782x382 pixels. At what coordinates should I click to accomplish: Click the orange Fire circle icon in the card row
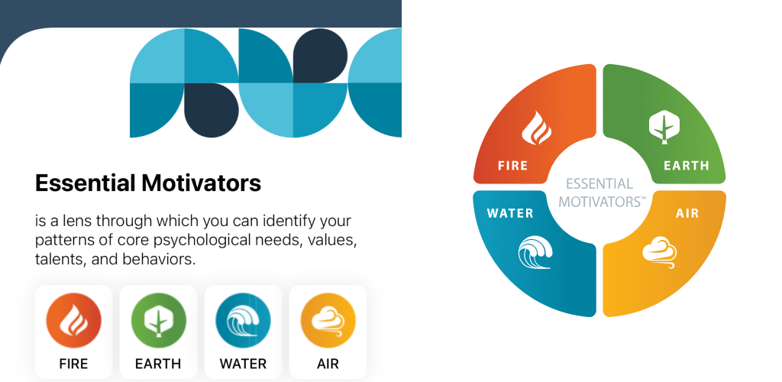click(74, 321)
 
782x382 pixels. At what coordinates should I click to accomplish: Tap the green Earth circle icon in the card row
click(159, 321)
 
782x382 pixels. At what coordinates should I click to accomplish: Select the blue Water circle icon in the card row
click(244, 321)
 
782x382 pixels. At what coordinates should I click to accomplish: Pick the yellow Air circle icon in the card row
click(328, 321)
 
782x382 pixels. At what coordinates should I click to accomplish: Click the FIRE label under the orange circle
click(73, 364)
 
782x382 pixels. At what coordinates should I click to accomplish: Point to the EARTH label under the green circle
click(158, 364)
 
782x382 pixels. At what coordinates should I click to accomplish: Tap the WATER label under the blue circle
click(243, 364)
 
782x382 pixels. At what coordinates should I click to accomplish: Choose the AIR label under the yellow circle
click(328, 364)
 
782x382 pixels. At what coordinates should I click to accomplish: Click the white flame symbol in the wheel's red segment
click(536, 128)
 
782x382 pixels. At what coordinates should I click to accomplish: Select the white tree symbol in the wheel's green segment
click(665, 127)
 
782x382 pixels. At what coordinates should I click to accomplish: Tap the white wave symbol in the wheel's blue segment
click(535, 252)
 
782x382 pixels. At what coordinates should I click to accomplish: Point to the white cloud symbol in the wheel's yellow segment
click(659, 252)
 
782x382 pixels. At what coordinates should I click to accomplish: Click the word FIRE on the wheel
click(512, 166)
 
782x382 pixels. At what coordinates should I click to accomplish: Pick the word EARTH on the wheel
click(687, 166)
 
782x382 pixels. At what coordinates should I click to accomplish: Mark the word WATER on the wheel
click(510, 213)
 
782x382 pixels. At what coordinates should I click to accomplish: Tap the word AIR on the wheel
click(687, 213)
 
